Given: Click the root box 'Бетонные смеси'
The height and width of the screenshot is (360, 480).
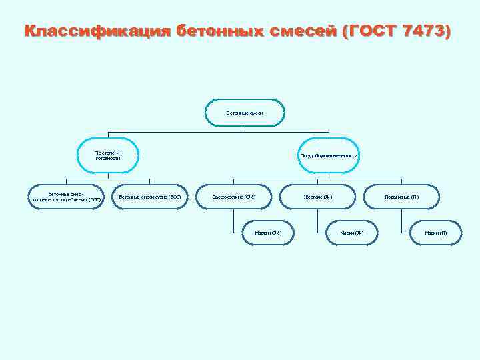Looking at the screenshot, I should coord(244,113).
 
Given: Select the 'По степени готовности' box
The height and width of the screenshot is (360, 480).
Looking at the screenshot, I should coord(107,155).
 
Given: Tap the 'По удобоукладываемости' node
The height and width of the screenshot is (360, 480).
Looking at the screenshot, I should coord(329,155).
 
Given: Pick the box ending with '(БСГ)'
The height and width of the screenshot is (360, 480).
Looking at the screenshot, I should coord(67,197).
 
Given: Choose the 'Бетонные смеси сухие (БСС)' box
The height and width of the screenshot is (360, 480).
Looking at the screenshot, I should coord(149,197).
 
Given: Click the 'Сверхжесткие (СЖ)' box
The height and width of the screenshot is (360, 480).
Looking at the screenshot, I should coord(233,197).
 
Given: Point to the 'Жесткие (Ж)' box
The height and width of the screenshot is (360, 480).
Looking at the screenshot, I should coord(317,197).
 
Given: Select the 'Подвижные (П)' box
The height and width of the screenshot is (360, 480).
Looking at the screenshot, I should coord(401,197).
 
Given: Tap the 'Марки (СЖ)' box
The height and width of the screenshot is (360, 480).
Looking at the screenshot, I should coord(267,233).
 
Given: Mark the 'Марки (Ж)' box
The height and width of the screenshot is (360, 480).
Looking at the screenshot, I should coord(351,233).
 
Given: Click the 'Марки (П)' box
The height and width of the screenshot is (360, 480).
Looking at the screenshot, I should coord(435,233).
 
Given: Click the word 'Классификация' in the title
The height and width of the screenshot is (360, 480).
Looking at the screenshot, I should coord(97,31).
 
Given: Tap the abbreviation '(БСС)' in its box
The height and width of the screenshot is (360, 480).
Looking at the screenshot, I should coord(173,197).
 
